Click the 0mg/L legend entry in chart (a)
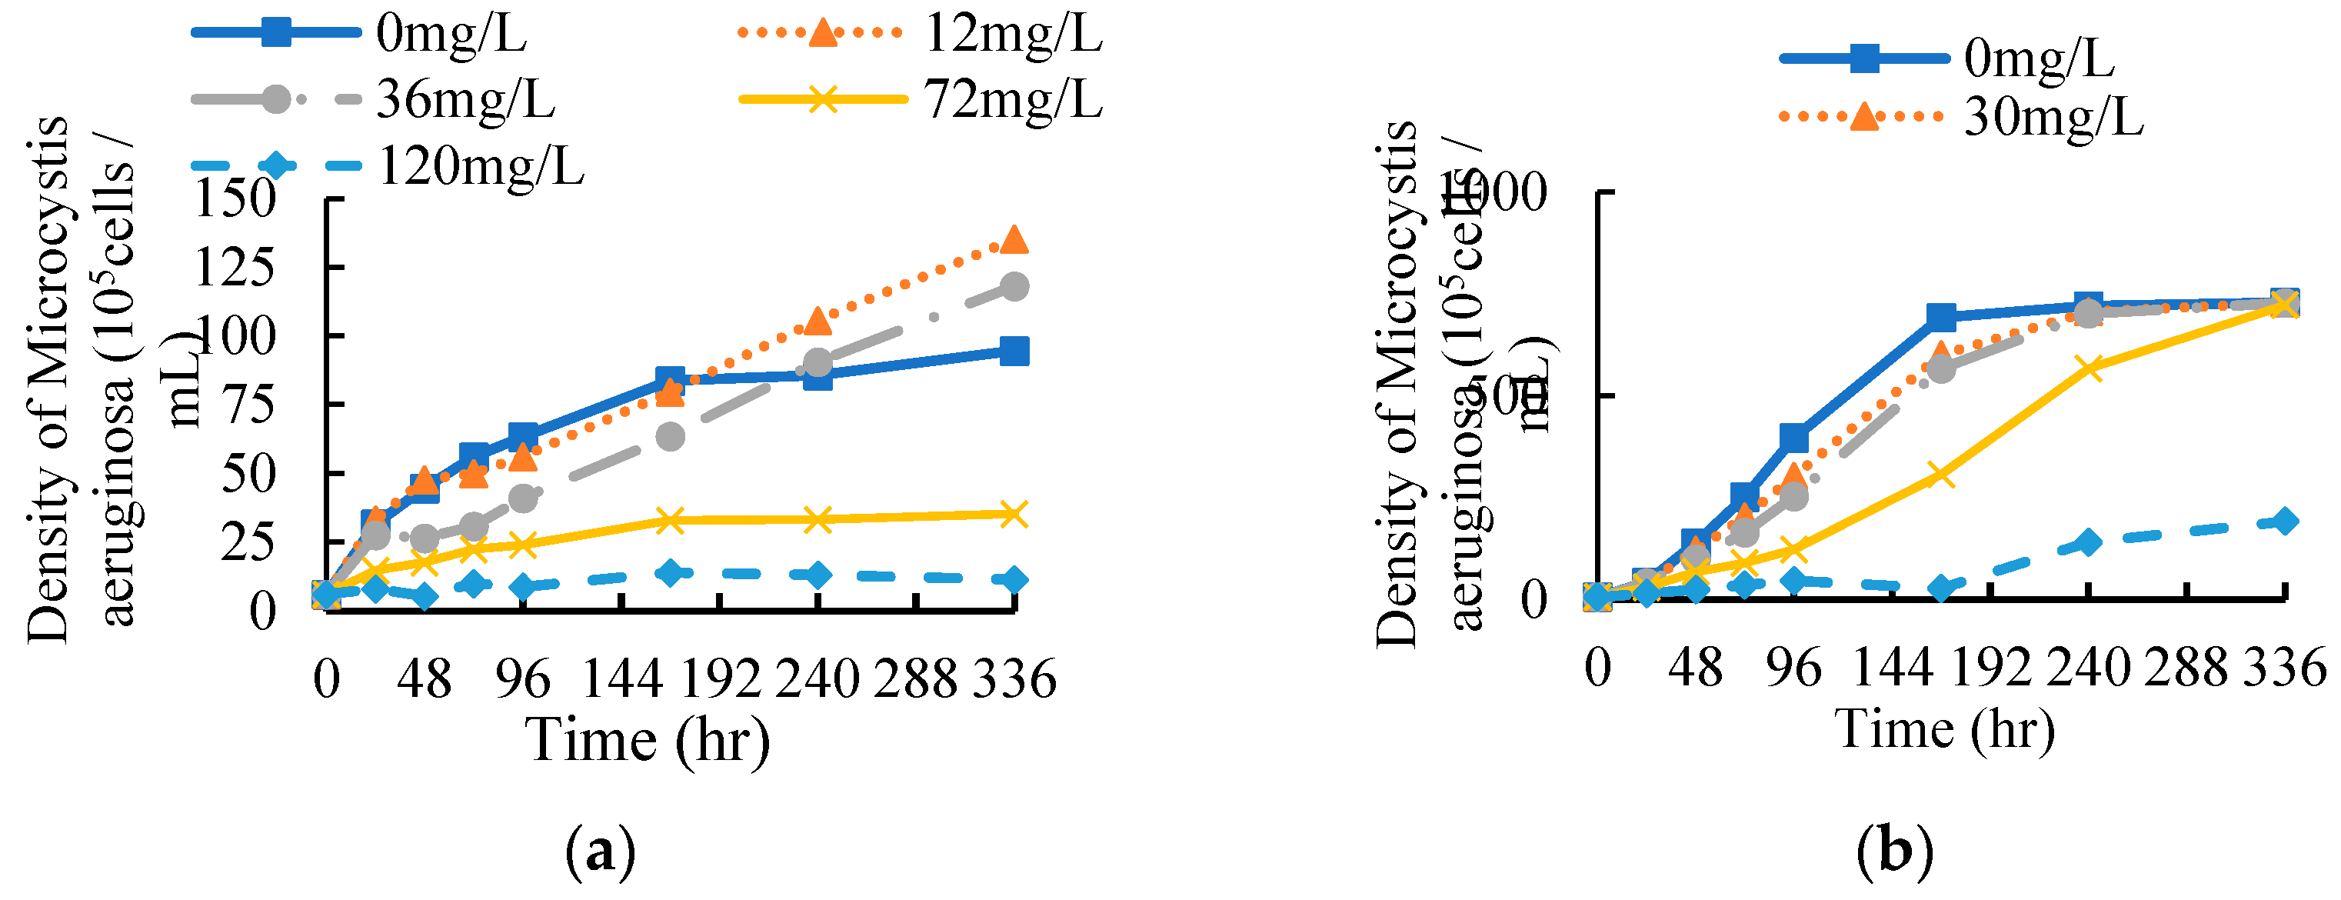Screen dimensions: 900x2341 pyautogui.click(x=451, y=35)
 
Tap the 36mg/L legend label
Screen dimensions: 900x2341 pyautogui.click(x=465, y=98)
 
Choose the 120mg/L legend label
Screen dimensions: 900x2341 pyautogui.click(x=480, y=165)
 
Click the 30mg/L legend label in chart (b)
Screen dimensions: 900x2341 pyautogui.click(x=2052, y=116)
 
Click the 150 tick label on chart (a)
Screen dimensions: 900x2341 pyautogui.click(x=235, y=198)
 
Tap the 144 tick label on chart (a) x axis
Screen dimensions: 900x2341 pyautogui.click(x=621, y=678)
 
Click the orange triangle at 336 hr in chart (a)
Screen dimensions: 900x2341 pyautogui.click(x=1014, y=240)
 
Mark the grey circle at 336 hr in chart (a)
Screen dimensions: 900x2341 pyautogui.click(x=1014, y=287)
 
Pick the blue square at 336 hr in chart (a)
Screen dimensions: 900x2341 pyautogui.click(x=1014, y=351)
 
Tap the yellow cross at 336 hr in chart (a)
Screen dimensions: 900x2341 pyautogui.click(x=1014, y=515)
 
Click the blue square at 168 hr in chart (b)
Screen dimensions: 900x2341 pyautogui.click(x=1940, y=317)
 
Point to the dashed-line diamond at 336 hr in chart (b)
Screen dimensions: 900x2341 pyautogui.click(x=2285, y=521)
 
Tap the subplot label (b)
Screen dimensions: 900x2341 pyautogui.click(x=1895, y=852)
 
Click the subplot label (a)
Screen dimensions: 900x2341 pyautogui.click(x=600, y=852)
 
